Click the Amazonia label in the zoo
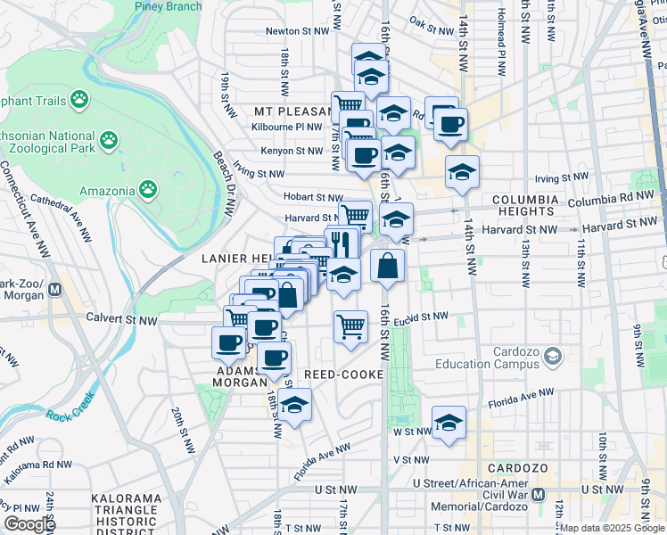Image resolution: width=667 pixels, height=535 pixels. [105, 190]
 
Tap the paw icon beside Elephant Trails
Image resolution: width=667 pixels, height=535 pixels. [79, 100]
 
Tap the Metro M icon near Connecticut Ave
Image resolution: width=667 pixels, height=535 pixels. [54, 289]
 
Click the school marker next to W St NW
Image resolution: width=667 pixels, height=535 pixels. [449, 423]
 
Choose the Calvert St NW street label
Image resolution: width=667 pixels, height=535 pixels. [121, 317]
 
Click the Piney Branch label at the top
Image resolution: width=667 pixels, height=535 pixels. [168, 6]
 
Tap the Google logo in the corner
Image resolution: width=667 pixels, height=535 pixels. [29, 523]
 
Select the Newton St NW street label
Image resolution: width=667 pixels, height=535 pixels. [298, 31]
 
